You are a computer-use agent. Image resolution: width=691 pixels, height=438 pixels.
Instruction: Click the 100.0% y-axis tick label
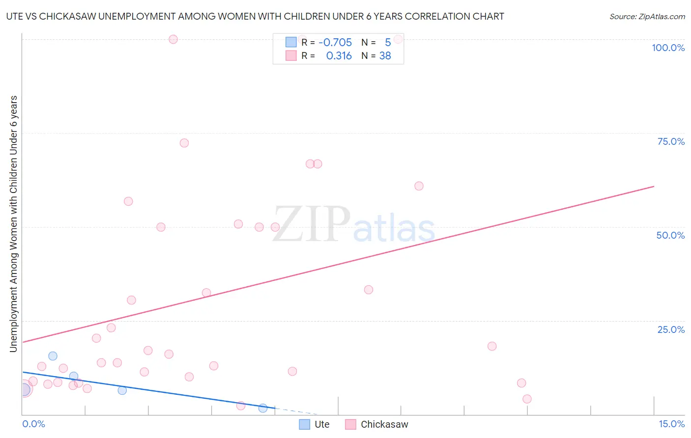(x=668, y=48)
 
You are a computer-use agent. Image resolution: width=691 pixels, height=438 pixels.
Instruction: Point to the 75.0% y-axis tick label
(x=671, y=141)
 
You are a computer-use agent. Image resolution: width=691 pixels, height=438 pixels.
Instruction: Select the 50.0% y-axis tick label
(x=670, y=235)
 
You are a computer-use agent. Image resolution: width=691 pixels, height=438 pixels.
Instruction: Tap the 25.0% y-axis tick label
(x=671, y=329)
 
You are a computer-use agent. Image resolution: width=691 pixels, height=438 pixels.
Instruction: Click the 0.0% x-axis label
(x=33, y=424)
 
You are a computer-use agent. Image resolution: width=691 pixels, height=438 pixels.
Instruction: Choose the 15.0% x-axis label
(x=671, y=424)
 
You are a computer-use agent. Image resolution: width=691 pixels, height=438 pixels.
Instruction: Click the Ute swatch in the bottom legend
(x=305, y=424)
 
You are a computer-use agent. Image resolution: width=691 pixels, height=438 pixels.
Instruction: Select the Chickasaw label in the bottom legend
(x=384, y=424)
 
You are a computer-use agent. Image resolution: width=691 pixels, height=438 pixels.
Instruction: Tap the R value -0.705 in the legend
(x=335, y=43)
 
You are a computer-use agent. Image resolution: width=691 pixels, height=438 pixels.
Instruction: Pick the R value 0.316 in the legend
(x=339, y=56)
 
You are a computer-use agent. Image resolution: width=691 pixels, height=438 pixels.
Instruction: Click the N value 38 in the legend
(x=385, y=56)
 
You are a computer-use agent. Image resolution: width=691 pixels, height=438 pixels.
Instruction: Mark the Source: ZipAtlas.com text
(x=647, y=17)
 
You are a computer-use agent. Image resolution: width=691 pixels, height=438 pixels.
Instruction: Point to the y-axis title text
(x=13, y=223)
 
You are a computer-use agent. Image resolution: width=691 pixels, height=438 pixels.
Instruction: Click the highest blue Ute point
(x=53, y=356)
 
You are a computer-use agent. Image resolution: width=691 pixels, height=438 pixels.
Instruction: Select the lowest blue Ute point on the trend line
(x=263, y=408)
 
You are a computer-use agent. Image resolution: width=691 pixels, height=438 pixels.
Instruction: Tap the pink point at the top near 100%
(x=173, y=39)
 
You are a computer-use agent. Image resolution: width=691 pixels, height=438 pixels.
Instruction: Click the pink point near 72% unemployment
(x=184, y=143)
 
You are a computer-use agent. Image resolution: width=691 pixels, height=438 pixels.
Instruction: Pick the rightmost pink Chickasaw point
(x=527, y=399)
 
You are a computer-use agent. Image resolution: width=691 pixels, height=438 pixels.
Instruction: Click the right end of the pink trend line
(x=654, y=187)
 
